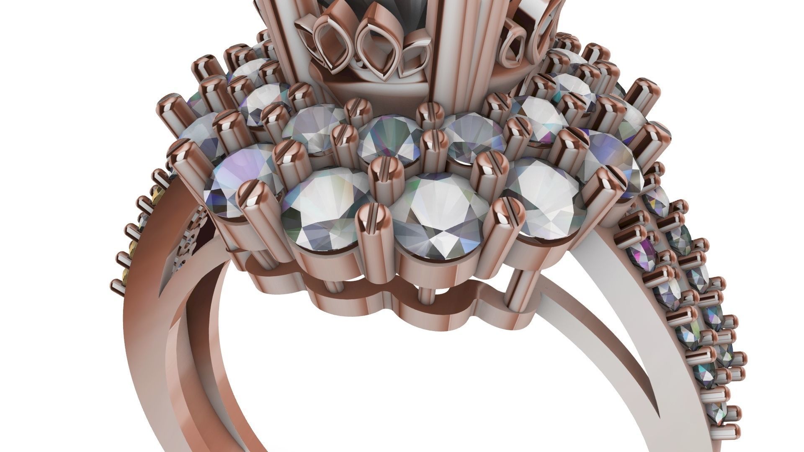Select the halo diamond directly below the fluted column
pyautogui.click(x=465, y=134)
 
